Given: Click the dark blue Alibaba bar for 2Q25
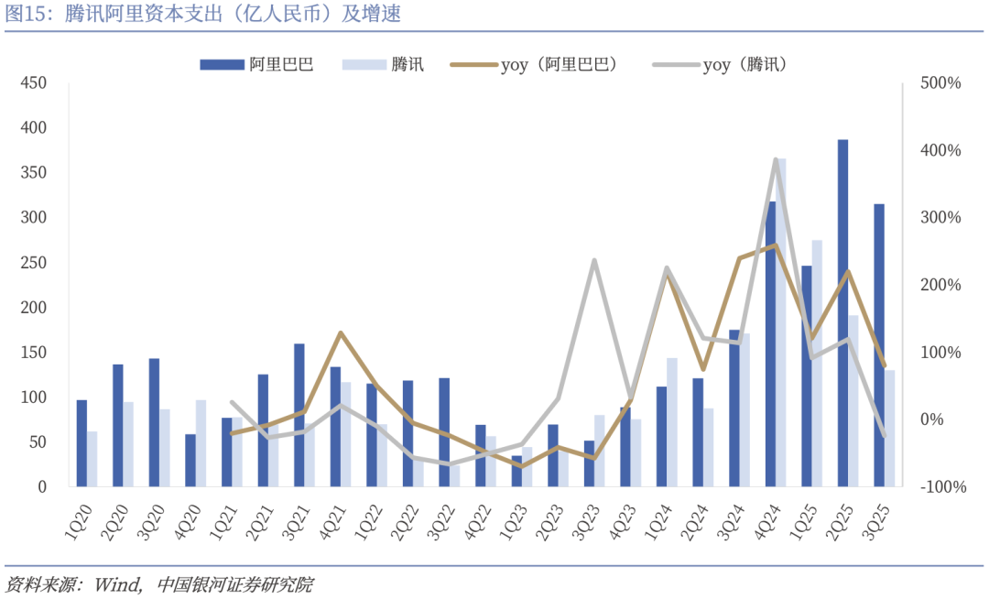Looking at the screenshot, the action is (x=842, y=312).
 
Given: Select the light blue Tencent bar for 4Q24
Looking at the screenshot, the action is (x=781, y=322).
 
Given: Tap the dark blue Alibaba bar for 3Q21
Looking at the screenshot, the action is (x=299, y=415).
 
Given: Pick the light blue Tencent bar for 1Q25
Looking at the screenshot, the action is (x=817, y=364).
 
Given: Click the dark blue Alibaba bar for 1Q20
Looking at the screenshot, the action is (x=82, y=443).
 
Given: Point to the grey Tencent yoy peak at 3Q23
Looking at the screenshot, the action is (x=594, y=260).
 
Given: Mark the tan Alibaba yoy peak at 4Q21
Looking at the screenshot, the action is (x=341, y=332).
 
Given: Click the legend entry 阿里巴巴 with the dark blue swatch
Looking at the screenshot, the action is (x=256, y=64).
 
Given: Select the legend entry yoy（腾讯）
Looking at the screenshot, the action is (x=721, y=64).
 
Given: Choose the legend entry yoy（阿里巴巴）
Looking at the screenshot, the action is (x=534, y=64).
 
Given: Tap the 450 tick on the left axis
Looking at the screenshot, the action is (x=34, y=82).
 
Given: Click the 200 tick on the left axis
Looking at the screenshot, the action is (x=34, y=307).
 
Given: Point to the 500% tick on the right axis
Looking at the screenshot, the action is (x=940, y=82).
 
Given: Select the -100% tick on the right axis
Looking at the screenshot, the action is (x=943, y=486).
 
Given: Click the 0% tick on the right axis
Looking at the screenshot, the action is (x=932, y=419).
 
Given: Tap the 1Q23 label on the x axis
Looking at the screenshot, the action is (x=516, y=523).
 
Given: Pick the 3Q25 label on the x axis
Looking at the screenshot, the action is (x=878, y=523).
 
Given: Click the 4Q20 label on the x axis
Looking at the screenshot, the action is (x=189, y=523).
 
